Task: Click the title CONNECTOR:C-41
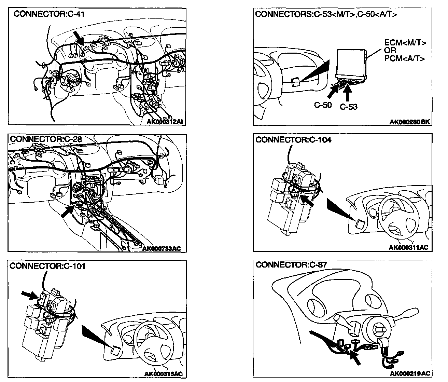(x=49, y=14)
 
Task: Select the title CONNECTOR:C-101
(x=47, y=266)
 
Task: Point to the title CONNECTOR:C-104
(x=293, y=140)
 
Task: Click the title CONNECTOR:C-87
(x=291, y=265)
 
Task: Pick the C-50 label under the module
(x=323, y=105)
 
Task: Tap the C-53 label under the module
(x=349, y=107)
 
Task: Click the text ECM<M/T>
(x=405, y=43)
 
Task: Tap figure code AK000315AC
(x=164, y=374)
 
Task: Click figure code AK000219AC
(x=410, y=373)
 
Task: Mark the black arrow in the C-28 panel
(x=67, y=212)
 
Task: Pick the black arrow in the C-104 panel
(x=308, y=200)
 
